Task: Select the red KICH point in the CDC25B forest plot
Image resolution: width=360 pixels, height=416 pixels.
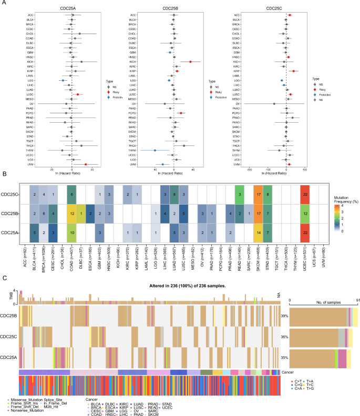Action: (x=190, y=62)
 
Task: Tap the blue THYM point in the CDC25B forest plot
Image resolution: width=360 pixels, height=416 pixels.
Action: (x=155, y=150)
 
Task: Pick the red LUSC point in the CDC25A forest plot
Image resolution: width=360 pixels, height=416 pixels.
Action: (x=78, y=94)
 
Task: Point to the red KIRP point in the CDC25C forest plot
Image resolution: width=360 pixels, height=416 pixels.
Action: (x=293, y=71)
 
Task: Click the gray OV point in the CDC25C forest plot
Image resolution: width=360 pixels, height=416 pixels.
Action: (x=274, y=104)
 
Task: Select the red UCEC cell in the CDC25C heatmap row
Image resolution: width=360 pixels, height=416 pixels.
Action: (x=305, y=195)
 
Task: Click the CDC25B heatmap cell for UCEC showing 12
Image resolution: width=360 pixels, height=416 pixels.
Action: (x=305, y=214)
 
